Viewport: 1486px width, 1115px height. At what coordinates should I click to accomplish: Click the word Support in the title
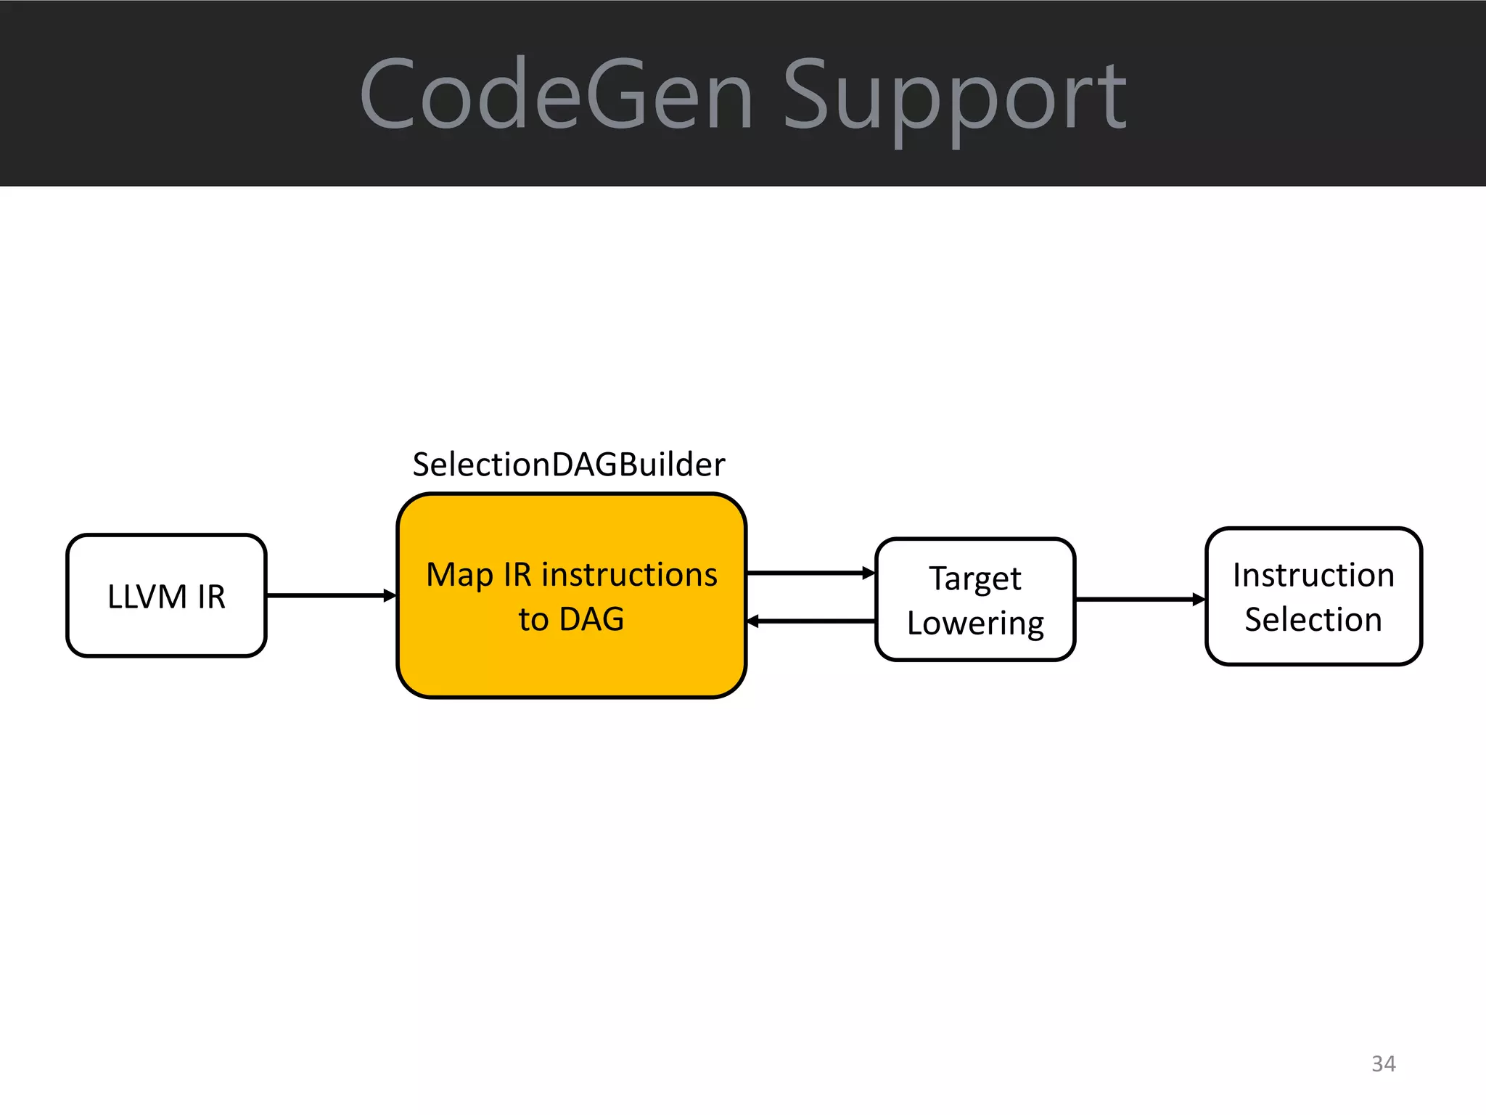953,98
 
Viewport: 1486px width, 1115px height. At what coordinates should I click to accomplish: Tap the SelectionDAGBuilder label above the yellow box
568,465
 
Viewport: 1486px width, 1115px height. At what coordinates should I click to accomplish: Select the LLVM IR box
166,595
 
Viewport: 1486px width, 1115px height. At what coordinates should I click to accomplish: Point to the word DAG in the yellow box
591,619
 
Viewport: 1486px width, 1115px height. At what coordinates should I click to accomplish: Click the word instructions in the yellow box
629,574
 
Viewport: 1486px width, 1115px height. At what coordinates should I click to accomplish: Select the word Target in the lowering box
974,579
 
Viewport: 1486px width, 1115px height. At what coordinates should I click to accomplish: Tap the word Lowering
974,624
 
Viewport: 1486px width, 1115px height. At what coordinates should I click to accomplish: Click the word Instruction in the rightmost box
1313,575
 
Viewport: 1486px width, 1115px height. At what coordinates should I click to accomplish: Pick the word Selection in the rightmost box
1313,619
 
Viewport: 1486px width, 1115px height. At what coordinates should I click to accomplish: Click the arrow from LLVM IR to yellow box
330,595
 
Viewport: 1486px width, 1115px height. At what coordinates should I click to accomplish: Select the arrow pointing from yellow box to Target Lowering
810,573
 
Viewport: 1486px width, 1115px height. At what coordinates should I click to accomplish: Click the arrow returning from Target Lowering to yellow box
810,621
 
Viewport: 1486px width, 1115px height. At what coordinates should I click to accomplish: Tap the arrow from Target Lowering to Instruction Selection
1139,600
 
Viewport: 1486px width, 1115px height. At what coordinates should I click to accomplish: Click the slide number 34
1383,1063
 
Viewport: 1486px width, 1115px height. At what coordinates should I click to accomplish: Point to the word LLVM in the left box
147,597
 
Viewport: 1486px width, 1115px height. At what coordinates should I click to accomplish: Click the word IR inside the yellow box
517,574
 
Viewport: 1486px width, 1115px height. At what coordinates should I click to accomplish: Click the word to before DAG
533,620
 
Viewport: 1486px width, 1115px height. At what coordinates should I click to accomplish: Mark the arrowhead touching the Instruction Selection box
1199,600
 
